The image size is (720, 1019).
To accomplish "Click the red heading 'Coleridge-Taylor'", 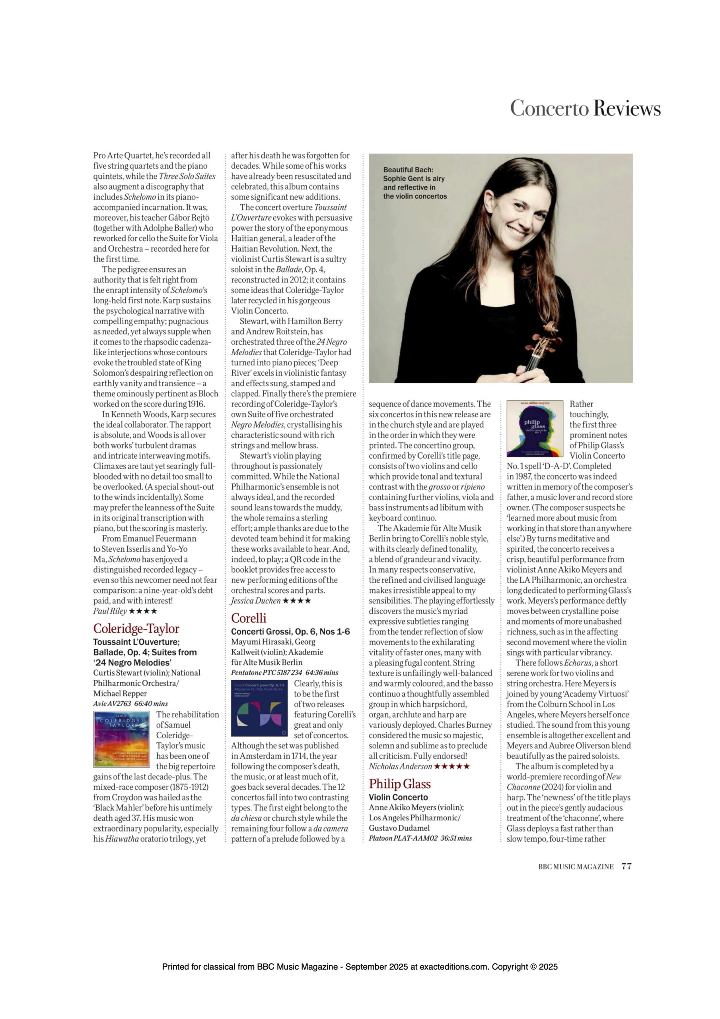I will click(136, 629).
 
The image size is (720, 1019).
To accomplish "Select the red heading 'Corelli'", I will click(249, 618).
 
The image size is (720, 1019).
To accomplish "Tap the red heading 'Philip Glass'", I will click(400, 784).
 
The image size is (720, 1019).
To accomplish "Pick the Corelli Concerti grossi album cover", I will click(259, 709).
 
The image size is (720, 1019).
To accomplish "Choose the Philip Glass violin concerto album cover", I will click(535, 429).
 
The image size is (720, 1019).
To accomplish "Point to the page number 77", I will click(627, 866).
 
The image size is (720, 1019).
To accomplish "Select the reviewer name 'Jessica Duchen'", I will click(255, 601).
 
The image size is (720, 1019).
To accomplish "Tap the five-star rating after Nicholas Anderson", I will click(451, 767).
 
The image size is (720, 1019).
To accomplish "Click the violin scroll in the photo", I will click(550, 331).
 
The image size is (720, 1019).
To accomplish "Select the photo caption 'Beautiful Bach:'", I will click(408, 170).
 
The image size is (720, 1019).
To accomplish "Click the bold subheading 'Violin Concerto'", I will click(398, 797).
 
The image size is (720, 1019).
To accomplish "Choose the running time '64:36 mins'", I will click(322, 673).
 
